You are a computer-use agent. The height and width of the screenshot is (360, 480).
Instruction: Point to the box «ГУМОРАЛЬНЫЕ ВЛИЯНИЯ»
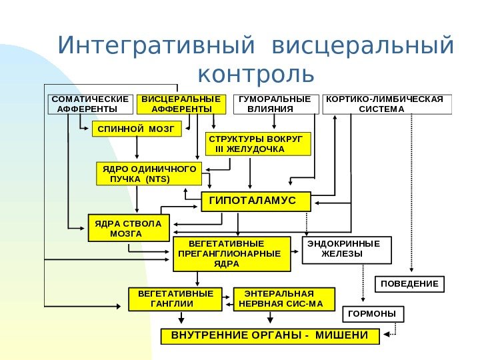[x=275, y=104]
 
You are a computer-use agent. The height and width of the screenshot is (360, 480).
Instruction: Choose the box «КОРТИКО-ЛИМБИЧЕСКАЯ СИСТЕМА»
[x=387, y=104]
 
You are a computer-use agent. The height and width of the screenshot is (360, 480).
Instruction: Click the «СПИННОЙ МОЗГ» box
[x=136, y=127]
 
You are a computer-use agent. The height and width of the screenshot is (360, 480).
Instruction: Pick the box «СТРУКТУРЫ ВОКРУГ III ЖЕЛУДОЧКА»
[x=257, y=143]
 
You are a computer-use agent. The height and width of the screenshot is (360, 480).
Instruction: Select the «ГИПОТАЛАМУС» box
[x=257, y=201]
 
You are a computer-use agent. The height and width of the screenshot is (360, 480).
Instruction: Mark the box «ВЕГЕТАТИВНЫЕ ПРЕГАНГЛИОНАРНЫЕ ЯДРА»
[x=232, y=253]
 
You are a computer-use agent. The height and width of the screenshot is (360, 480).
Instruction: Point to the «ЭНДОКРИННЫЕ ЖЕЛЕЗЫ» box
[x=347, y=249]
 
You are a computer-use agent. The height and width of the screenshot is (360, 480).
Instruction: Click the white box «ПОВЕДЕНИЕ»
[x=409, y=284]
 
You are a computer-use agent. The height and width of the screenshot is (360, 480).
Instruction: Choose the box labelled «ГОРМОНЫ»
[x=373, y=313]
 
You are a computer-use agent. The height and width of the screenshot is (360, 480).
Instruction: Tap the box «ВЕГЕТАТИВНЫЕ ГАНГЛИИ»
[x=175, y=299]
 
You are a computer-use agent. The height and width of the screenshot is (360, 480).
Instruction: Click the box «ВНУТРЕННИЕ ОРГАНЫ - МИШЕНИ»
[x=270, y=335]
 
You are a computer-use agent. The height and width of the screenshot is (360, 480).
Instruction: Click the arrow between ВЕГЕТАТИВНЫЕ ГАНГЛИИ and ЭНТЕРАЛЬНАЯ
[x=228, y=299]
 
